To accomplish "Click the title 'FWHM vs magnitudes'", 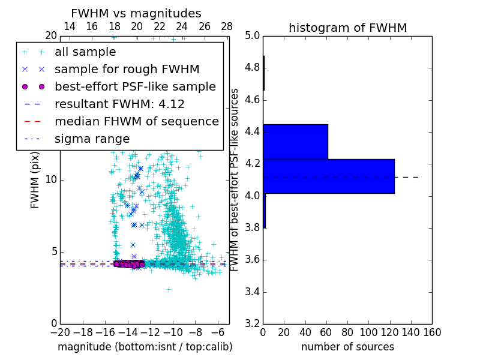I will (136, 13).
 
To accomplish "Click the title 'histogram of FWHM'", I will (347, 28).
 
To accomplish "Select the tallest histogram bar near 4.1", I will (328, 176).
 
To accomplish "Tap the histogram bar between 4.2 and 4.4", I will (295, 142).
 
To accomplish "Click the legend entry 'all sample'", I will (85, 52).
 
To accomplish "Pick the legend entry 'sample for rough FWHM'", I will (127, 69).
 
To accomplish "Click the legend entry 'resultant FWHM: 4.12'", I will (119, 104).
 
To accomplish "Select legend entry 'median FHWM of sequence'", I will (136, 121).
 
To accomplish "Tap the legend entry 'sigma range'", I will (92, 139).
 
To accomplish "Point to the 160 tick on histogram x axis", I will (431, 332).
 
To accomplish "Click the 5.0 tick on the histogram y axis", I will (252, 35).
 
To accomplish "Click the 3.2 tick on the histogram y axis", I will (252, 324).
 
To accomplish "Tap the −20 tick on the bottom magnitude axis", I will (60, 332).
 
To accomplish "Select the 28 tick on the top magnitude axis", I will (227, 26).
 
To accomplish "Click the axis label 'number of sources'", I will (347, 347).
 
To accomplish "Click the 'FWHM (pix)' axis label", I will (35, 179).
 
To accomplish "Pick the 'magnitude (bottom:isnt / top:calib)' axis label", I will (145, 347).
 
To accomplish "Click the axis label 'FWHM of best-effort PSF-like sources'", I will (235, 179).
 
